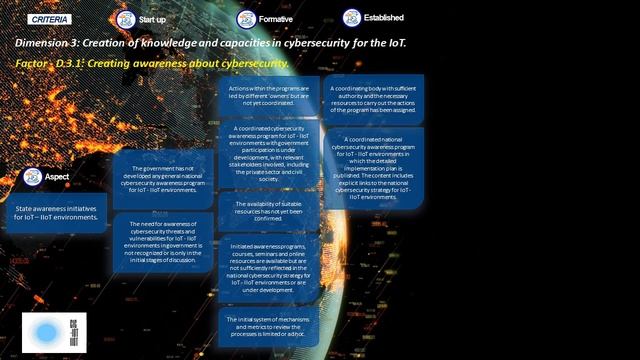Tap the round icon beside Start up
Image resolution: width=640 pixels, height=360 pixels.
[x=125, y=19]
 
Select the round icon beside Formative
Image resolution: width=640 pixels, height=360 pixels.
[x=246, y=19]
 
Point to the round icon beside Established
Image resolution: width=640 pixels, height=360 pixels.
[x=351, y=18]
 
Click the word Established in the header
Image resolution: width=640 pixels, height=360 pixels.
[x=384, y=18]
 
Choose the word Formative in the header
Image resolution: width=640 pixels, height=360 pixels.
[x=277, y=19]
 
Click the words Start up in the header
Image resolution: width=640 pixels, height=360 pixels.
[x=153, y=19]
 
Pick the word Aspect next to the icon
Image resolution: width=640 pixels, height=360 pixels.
[x=56, y=176]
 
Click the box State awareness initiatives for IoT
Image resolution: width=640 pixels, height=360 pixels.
[x=57, y=211]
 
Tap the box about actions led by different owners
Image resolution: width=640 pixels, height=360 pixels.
[x=268, y=97]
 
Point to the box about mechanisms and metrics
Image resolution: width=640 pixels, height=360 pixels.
[x=268, y=326]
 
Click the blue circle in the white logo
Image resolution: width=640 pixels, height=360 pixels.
[x=45, y=333]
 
